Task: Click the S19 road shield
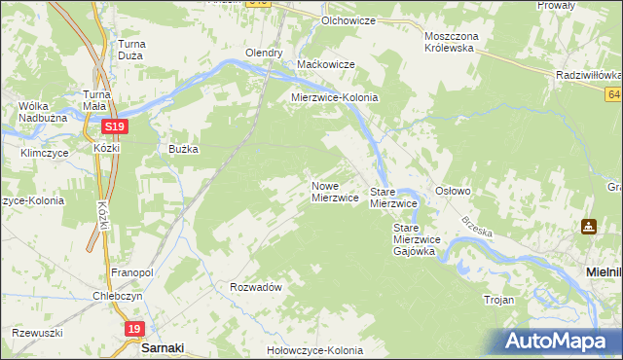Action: pyautogui.click(x=115, y=126)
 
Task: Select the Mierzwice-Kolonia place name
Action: pyautogui.click(x=335, y=98)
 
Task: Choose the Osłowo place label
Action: pyautogui.click(x=453, y=191)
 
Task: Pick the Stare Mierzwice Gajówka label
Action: pyautogui.click(x=418, y=239)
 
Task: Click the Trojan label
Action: pyautogui.click(x=498, y=300)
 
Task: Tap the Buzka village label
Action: pyautogui.click(x=184, y=149)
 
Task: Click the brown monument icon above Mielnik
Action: pyautogui.click(x=589, y=227)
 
